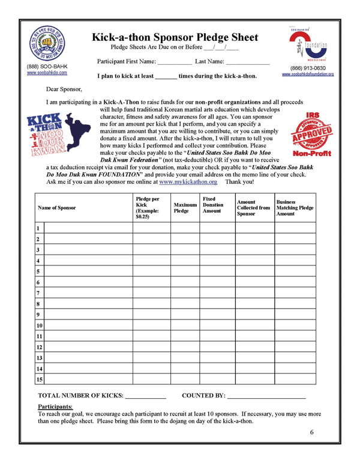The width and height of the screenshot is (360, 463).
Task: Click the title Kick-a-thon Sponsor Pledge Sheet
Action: (x=175, y=37)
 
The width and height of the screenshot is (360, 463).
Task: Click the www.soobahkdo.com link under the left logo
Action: (x=47, y=73)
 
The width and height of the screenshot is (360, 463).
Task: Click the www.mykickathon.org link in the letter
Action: (x=188, y=181)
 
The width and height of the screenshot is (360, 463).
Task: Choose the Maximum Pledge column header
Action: (x=185, y=208)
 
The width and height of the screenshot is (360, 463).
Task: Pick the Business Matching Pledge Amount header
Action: (x=295, y=208)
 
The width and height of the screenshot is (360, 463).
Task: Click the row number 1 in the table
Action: (x=38, y=229)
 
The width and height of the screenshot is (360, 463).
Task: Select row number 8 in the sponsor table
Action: (x=38, y=304)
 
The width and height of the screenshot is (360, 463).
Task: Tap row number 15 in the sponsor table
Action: (x=40, y=380)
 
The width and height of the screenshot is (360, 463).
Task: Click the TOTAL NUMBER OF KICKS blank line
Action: (x=145, y=397)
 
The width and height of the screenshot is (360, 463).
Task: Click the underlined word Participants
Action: (x=55, y=407)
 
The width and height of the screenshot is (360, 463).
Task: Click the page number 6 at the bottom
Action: (x=312, y=432)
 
